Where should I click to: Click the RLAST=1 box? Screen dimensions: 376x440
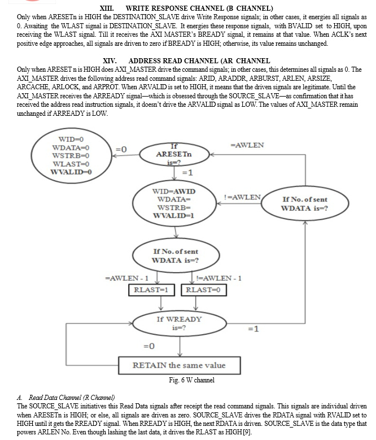point(151,290)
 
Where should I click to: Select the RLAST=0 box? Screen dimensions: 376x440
point(204,290)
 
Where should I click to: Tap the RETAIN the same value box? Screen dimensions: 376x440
point(180,365)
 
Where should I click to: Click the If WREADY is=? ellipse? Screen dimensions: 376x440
point(180,323)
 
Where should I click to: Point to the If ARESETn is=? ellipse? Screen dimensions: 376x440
point(174,154)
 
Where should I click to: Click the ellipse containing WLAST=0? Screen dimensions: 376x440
point(71,155)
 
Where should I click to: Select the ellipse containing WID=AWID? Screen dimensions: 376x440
point(174,203)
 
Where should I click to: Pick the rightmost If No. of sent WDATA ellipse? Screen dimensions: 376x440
point(305,203)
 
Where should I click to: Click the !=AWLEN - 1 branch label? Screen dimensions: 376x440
point(218,278)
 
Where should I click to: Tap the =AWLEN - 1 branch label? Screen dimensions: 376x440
point(126,278)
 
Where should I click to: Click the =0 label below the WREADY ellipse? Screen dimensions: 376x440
point(149,346)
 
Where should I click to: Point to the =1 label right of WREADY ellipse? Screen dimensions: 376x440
point(253,329)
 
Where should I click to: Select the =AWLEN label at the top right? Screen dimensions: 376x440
point(247,145)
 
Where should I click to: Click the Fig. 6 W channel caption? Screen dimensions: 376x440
point(192,380)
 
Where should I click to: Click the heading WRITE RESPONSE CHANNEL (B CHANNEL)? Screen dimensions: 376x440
point(199,8)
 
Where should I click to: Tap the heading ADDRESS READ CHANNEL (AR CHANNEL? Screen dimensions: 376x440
point(199,61)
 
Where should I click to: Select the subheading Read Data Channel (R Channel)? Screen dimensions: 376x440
point(72,397)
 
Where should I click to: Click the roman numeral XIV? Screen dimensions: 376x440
point(110,61)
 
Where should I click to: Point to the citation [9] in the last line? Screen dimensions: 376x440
point(247,432)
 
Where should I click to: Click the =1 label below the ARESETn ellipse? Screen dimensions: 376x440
point(187,173)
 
